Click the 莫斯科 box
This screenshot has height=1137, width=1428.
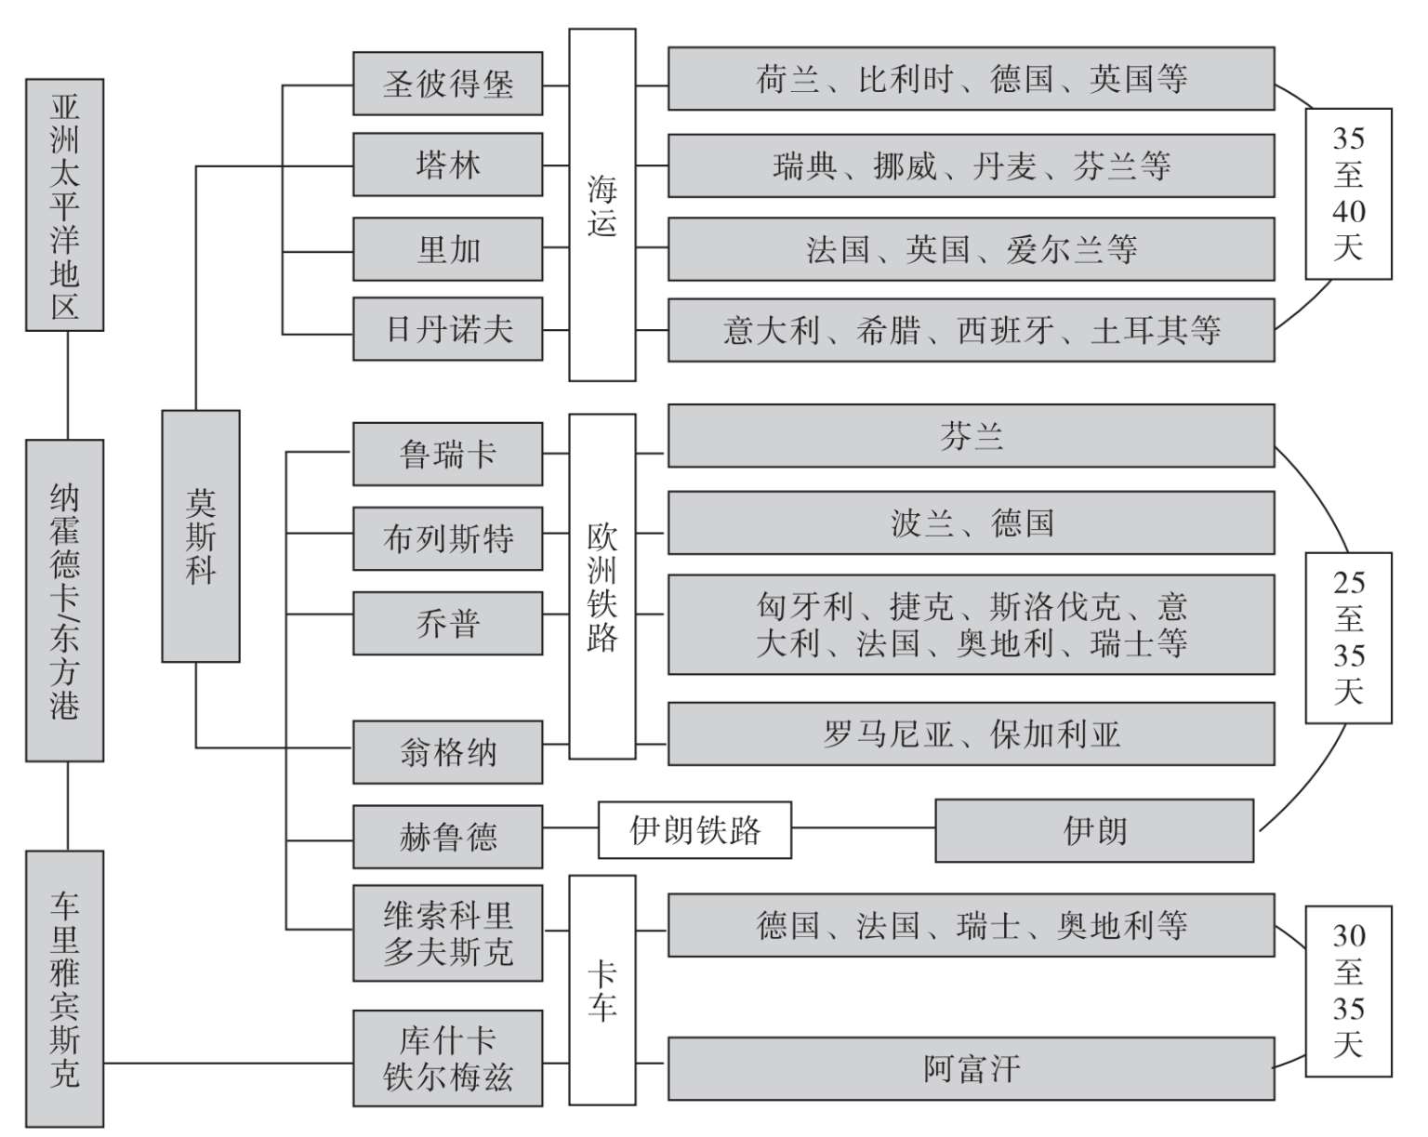[201, 535]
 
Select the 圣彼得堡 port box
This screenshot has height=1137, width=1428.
[447, 84]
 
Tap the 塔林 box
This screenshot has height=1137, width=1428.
[447, 165]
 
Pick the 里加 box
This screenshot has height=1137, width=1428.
[447, 249]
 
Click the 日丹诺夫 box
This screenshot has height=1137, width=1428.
[447, 329]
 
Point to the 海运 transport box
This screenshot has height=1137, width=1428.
[602, 205]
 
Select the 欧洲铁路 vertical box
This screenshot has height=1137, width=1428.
[602, 587]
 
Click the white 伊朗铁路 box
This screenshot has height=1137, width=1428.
[694, 829]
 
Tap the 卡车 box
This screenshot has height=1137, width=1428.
[602, 989]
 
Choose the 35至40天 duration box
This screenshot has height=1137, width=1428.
[1348, 193]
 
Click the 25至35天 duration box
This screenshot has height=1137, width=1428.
[1348, 638]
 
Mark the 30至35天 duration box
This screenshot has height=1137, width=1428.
[1348, 991]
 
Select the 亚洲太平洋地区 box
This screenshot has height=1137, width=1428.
[64, 205]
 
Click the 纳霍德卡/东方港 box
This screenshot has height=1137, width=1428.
[64, 601]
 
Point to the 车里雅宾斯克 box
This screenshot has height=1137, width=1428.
[64, 988]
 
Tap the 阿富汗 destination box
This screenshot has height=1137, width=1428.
[971, 1068]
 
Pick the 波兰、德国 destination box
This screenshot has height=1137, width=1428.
[971, 523]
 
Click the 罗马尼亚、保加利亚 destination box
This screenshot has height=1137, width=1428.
[971, 734]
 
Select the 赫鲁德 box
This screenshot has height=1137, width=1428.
[447, 837]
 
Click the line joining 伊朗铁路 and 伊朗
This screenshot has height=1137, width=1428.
[863, 828]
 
